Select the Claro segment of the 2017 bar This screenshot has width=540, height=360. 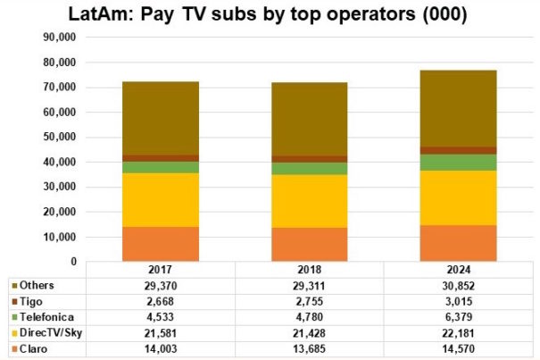pos(161,244)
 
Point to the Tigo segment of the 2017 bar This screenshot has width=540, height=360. pos(161,158)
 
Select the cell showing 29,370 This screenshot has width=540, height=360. pos(161,286)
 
